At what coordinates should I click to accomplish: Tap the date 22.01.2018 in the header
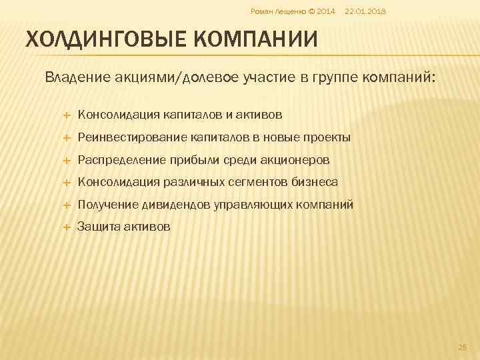tap(366, 12)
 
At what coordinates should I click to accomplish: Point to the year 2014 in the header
tap(325, 12)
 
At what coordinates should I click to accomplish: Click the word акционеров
tap(297, 160)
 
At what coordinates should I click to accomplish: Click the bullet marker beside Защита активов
tap(67, 227)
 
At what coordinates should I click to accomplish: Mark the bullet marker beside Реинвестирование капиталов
tap(67, 138)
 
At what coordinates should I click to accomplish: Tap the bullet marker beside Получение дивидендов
tap(67, 205)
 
